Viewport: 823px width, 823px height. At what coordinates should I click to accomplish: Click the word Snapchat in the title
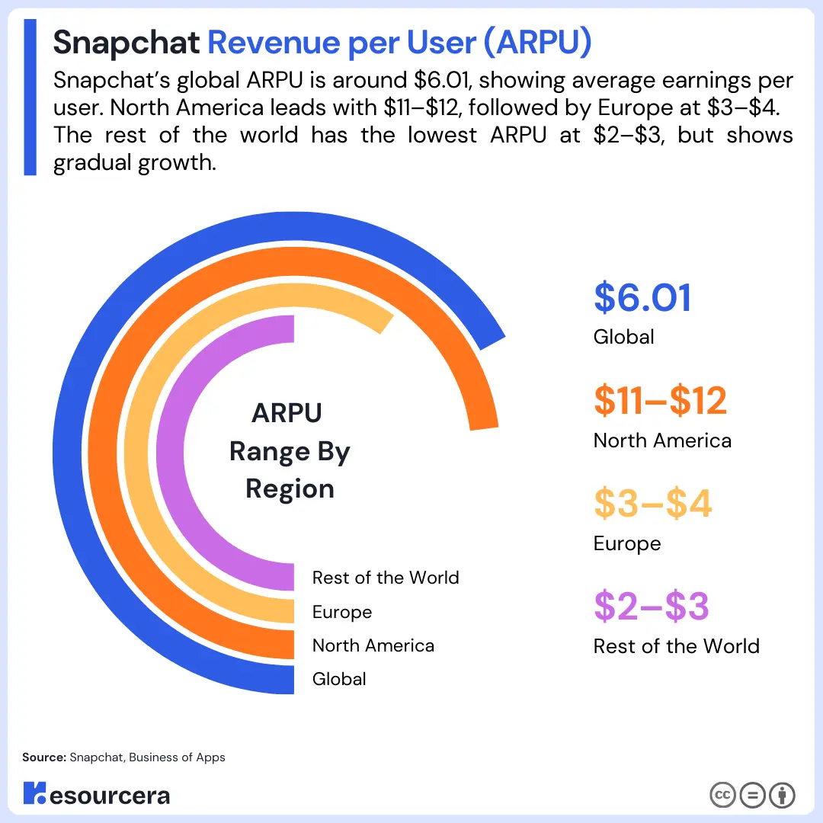[x=126, y=44]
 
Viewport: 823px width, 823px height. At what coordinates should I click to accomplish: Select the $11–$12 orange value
[x=660, y=401]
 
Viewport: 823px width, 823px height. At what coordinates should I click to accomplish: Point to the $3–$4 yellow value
[x=652, y=504]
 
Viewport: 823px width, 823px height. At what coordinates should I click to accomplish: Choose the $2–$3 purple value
[x=651, y=607]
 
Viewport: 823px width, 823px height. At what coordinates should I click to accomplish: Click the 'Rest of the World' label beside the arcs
[x=386, y=578]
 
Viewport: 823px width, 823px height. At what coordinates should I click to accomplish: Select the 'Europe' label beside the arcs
[x=342, y=612]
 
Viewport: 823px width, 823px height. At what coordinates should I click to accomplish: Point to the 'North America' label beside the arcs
[x=373, y=645]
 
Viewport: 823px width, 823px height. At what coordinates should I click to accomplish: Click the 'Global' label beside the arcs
[x=339, y=679]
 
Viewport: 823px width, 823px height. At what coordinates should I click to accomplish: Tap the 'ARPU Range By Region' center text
[x=290, y=451]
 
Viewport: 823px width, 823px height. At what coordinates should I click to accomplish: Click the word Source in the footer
[x=44, y=757]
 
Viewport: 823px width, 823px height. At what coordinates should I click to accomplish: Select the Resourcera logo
[x=97, y=795]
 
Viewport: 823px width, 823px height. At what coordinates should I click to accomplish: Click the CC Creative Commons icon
[x=722, y=796]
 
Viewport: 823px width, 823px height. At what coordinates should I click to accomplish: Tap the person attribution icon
[x=782, y=796]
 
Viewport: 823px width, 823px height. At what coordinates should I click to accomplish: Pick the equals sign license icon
[x=752, y=796]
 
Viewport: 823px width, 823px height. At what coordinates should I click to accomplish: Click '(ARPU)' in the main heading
[x=537, y=44]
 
